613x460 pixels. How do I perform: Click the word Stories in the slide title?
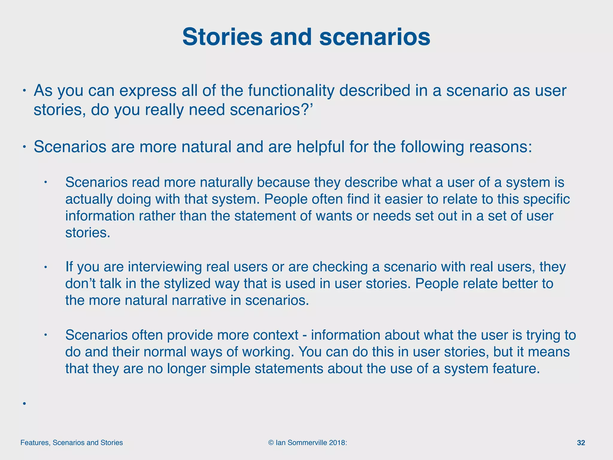222,37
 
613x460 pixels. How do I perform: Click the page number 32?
581,443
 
